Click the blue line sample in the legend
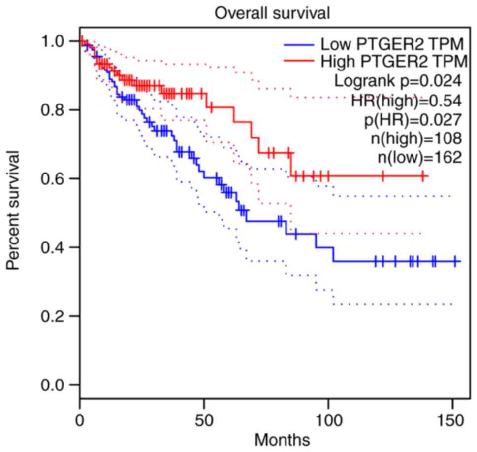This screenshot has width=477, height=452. point(299,45)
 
